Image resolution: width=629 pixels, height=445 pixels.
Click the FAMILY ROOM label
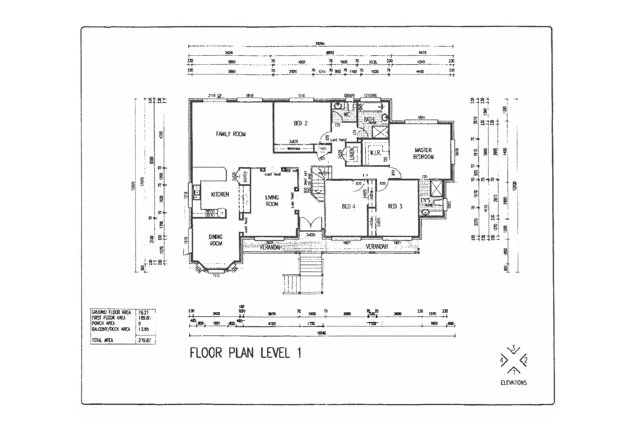[x=231, y=134]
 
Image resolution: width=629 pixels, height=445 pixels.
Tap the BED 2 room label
[x=300, y=123]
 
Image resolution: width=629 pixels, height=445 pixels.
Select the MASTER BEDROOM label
[x=423, y=153]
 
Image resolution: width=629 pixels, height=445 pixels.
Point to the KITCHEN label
[x=220, y=194]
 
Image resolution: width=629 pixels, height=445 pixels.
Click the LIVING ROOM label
[x=272, y=201]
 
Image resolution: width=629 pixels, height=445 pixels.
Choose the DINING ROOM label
[x=216, y=240]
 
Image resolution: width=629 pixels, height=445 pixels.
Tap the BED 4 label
[x=349, y=206]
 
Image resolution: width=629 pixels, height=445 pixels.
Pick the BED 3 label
[x=395, y=206]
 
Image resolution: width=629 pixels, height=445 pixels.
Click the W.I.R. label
[x=375, y=153]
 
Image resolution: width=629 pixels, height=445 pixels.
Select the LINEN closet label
[x=352, y=154]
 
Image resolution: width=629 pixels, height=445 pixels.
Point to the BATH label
[x=369, y=120]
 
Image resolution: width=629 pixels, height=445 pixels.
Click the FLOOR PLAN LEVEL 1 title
[x=246, y=353]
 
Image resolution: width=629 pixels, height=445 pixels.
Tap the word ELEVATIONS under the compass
[x=514, y=383]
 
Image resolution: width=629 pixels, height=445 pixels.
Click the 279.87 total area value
[x=145, y=341]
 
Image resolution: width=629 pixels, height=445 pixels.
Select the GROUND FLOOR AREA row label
[x=111, y=312]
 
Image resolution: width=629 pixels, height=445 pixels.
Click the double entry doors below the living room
[x=310, y=224]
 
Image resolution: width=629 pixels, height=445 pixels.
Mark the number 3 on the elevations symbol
[x=514, y=348]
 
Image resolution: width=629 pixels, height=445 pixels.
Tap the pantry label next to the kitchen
[x=246, y=177]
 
